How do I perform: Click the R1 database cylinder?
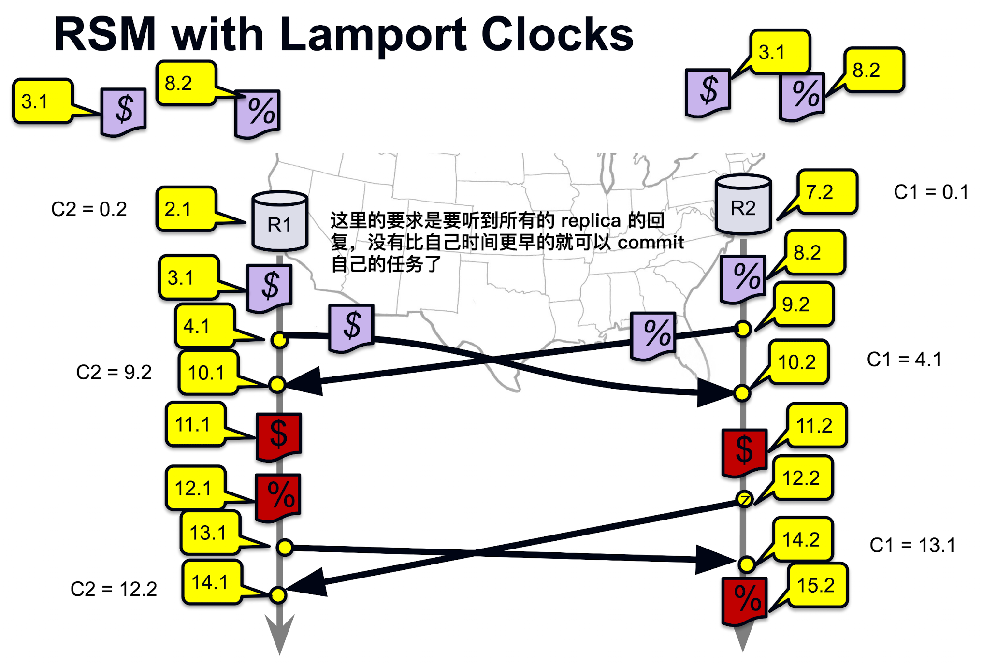tap(279, 221)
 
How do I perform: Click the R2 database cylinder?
tap(743, 205)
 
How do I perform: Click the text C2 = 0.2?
tap(89, 209)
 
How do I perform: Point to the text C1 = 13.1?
tap(912, 545)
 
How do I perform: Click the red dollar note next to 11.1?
tap(279, 434)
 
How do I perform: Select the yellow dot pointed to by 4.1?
tap(279, 340)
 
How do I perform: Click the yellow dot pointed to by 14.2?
tap(746, 564)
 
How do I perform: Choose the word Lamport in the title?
tap(373, 35)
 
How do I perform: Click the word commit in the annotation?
tap(650, 242)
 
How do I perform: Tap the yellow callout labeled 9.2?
tap(803, 304)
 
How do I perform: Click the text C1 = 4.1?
tap(904, 360)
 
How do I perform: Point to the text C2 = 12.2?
tap(114, 589)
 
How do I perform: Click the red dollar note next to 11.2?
tap(744, 451)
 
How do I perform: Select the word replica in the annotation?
tap(591, 220)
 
